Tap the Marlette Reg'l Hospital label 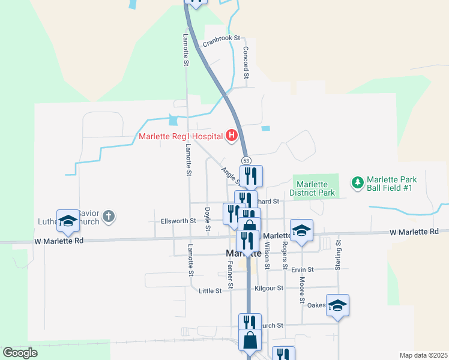(181, 136)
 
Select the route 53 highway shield (246, 160)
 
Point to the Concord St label (246, 63)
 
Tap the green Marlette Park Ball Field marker (357, 182)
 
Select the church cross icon (108, 216)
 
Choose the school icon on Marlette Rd (301, 230)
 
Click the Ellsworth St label (178, 221)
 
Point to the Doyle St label (207, 219)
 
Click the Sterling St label (339, 255)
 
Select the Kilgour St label (268, 288)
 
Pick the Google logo (20, 353)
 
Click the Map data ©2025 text (423, 355)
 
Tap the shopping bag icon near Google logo (250, 340)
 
